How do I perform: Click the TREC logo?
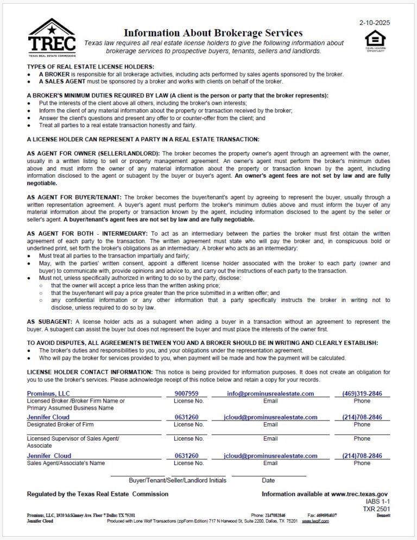[x=52, y=37]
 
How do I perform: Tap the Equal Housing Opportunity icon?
[x=375, y=41]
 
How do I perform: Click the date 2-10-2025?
[x=375, y=23]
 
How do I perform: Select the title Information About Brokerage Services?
[x=213, y=33]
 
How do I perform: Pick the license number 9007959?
[x=187, y=393]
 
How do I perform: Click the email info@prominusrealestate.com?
[x=270, y=393]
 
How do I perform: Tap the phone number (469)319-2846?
[x=362, y=393]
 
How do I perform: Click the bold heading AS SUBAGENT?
[x=49, y=322]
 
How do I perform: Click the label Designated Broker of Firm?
[x=61, y=424]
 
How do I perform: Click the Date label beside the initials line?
[x=268, y=480]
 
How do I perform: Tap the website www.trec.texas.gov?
[x=359, y=494]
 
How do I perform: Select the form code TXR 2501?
[x=377, y=509]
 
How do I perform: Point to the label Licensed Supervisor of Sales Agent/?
[x=73, y=438]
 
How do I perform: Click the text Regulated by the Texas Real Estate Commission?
[x=98, y=494]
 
